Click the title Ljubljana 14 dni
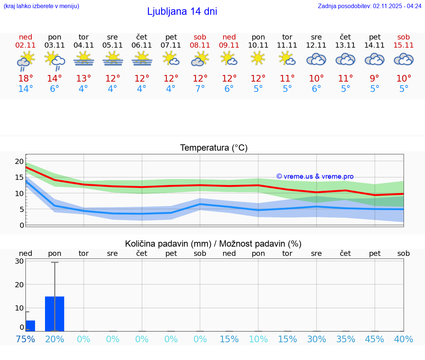182,11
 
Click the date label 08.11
200,45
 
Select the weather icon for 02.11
25,61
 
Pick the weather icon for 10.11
258,58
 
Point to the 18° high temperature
25,79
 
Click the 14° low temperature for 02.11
25,89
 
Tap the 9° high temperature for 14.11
375,79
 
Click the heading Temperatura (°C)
214,148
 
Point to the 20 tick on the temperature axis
19,161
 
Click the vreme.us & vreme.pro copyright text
315,176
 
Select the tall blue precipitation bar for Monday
55,313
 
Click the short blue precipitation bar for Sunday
30,326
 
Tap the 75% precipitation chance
25,339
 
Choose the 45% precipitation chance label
375,339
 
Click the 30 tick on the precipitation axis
20,261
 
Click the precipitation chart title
213,244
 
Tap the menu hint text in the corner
41,6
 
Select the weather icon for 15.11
404,59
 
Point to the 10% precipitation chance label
258,339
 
